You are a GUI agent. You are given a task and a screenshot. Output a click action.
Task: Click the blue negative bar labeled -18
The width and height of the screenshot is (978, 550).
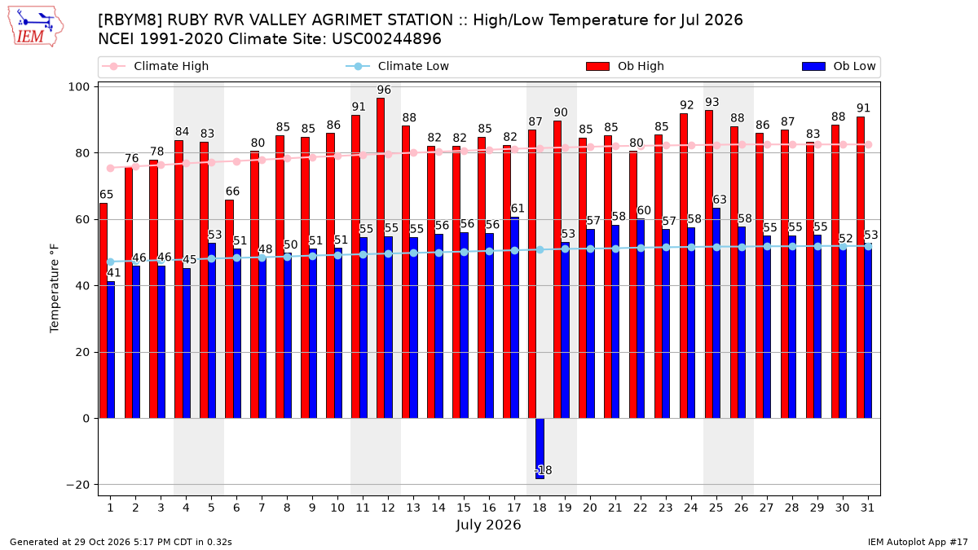pos(540,449)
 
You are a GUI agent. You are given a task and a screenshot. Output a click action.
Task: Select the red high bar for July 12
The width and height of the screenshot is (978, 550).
pos(381,258)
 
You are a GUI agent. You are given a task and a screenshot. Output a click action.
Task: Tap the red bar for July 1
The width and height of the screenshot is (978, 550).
pos(103,310)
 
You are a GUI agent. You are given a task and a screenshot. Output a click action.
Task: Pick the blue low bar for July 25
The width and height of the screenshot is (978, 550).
pos(716,314)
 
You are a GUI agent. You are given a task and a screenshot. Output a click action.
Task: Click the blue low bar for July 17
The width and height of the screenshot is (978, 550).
pos(515,318)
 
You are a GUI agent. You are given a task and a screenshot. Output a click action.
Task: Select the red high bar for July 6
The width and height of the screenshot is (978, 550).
pos(229,309)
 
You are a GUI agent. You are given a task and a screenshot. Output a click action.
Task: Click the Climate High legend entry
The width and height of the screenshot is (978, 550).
pos(156,66)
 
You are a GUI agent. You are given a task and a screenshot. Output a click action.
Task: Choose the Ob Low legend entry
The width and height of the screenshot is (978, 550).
pos(839,66)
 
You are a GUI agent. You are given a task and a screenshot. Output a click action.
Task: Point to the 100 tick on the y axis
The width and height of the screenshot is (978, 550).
pos(78,87)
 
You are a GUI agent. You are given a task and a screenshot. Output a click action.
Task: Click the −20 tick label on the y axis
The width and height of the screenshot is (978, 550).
pos(77,485)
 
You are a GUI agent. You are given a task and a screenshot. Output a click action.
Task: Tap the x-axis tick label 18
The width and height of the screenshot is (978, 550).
pos(540,508)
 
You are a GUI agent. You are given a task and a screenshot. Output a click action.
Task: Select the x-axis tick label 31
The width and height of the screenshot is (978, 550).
pos(867,508)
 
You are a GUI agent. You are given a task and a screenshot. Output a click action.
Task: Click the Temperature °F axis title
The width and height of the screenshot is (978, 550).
pos(54,288)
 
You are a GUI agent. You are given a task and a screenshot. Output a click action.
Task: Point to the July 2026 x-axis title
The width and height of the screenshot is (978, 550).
pos(488,525)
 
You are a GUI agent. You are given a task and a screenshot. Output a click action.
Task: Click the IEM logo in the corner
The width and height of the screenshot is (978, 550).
pos(35,27)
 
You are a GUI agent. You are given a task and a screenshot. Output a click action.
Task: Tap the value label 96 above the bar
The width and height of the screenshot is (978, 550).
pos(384,90)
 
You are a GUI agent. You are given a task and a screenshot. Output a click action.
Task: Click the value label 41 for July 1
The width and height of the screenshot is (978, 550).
pos(113,273)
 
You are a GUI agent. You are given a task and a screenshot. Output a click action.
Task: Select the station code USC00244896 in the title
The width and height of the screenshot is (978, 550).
pos(386,39)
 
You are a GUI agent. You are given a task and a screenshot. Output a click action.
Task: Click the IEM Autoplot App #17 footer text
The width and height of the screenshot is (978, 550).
pos(918,542)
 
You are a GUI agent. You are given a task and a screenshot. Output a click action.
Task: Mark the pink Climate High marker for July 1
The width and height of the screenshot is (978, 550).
pos(111,169)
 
